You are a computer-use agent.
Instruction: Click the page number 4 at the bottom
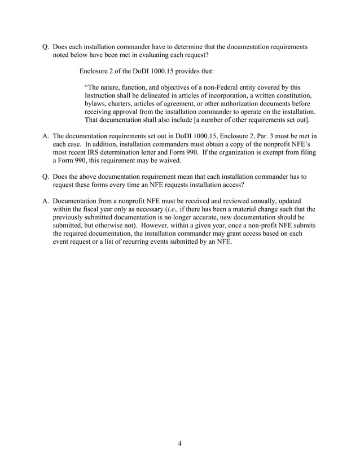click(179, 443)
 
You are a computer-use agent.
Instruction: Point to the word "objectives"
click(175, 87)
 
